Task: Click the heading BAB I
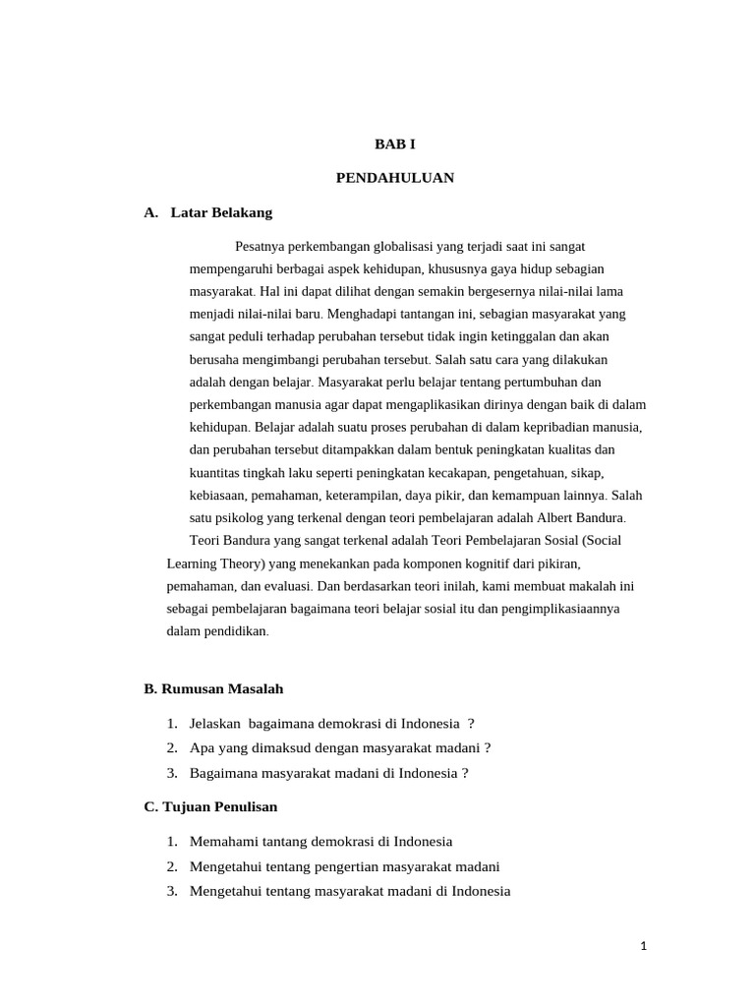(x=395, y=144)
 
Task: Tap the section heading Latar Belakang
(x=221, y=212)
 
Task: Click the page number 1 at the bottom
(x=643, y=946)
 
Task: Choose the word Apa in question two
(x=201, y=747)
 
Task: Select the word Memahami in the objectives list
(x=223, y=842)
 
